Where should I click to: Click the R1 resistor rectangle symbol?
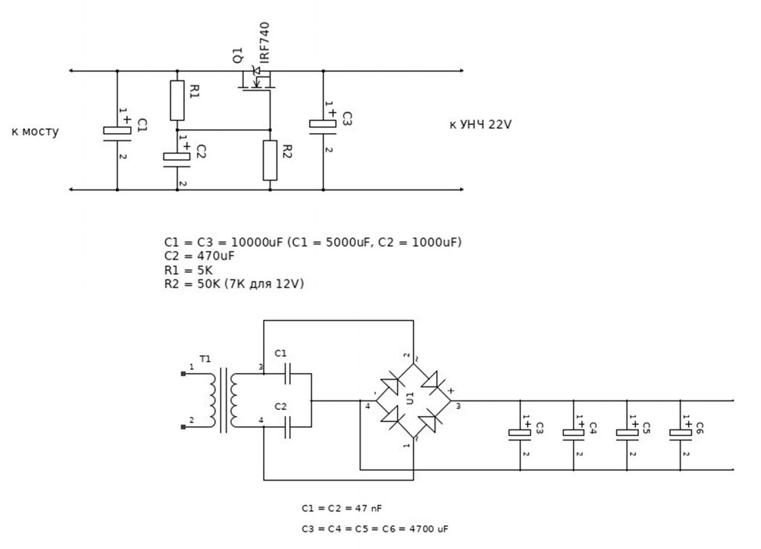177,100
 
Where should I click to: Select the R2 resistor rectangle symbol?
271,160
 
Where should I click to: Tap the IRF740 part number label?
265,42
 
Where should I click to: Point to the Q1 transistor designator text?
238,55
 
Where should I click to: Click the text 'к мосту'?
35,131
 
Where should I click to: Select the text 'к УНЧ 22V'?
481,125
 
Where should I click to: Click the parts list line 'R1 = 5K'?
188,270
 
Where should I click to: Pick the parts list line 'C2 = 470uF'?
199,256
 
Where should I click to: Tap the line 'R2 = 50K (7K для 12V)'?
234,284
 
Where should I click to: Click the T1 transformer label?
205,359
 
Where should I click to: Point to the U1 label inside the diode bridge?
410,398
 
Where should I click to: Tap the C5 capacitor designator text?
646,428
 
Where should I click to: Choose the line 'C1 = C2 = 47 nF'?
342,508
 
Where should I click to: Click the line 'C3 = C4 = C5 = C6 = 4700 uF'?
375,529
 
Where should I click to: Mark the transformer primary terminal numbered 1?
183,374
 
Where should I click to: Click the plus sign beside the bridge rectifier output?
451,391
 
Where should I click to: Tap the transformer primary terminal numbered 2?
183,426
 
